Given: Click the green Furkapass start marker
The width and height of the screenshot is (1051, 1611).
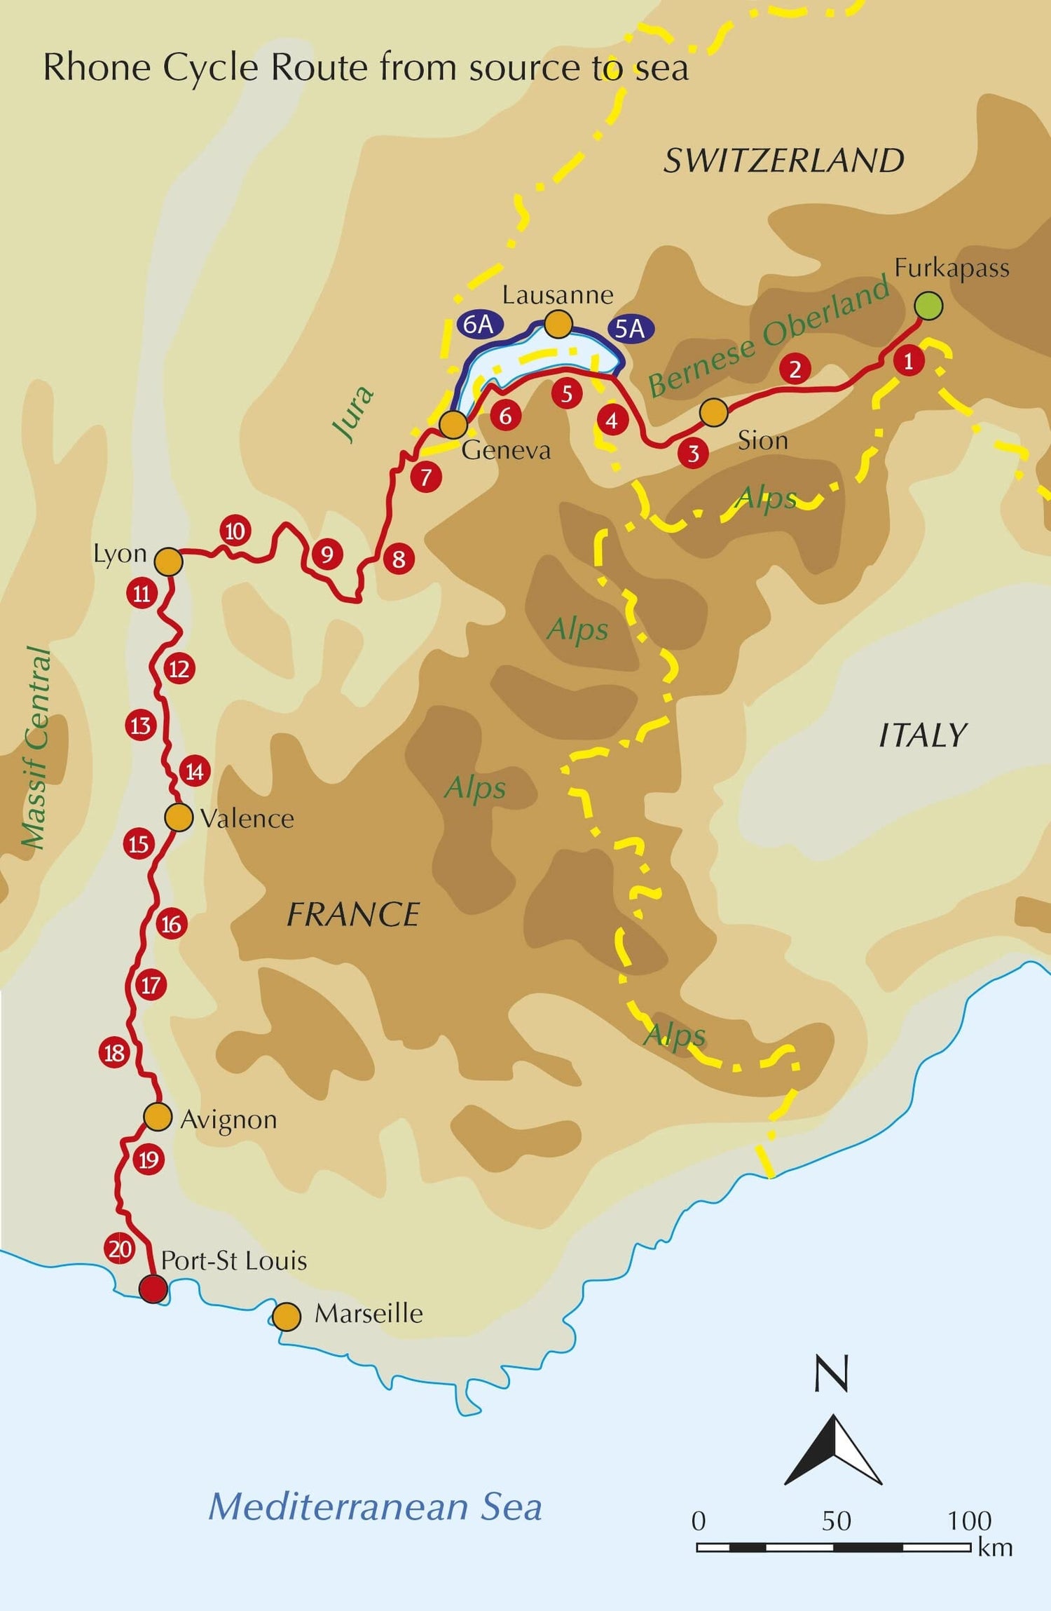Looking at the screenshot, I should [x=928, y=306].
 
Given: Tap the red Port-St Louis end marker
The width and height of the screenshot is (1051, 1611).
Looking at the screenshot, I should [x=153, y=1289].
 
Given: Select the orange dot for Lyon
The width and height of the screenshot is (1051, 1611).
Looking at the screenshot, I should [x=168, y=562].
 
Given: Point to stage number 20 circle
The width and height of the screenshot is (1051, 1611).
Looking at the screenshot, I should [x=120, y=1249].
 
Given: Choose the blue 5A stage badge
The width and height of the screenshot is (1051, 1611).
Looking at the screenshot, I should [x=630, y=329].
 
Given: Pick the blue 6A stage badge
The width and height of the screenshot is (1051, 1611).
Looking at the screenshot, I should [x=479, y=324].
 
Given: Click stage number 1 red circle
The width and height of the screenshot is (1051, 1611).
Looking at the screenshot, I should [x=909, y=362].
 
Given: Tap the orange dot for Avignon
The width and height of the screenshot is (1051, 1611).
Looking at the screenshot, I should [x=158, y=1117].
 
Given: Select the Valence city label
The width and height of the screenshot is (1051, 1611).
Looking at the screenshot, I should [x=247, y=819].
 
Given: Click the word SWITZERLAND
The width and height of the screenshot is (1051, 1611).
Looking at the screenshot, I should [x=783, y=161].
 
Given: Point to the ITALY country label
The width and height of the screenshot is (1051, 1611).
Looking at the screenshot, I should [x=922, y=736].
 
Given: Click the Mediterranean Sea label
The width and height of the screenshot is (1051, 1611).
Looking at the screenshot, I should [x=375, y=1507].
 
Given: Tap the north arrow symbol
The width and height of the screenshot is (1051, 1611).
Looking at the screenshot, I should [x=833, y=1448].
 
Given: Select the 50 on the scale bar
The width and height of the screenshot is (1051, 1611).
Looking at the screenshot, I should [x=836, y=1521].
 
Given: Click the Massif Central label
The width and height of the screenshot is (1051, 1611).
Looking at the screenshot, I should [x=35, y=747].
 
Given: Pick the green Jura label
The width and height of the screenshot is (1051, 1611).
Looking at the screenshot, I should [x=354, y=414].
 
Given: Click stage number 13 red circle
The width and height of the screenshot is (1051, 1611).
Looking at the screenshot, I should [x=140, y=725].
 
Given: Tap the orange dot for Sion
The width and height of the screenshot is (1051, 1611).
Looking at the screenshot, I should [x=713, y=412].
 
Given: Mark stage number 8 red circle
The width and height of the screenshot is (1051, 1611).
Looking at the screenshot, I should [x=399, y=559].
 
